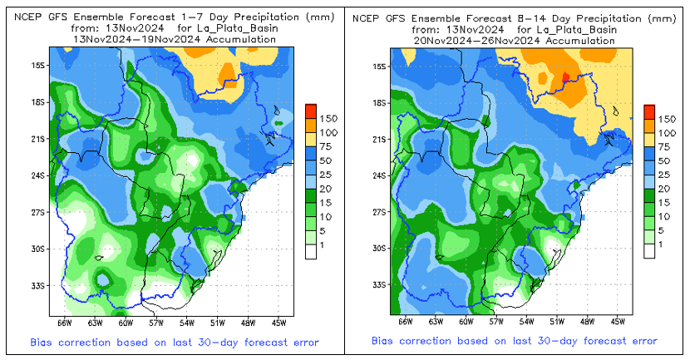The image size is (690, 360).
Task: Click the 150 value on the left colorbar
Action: pos(328,118)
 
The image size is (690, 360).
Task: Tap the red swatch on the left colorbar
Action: pos(310,111)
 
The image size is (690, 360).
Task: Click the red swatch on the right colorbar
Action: pos(649,111)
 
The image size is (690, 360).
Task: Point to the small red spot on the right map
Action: pos(565,76)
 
